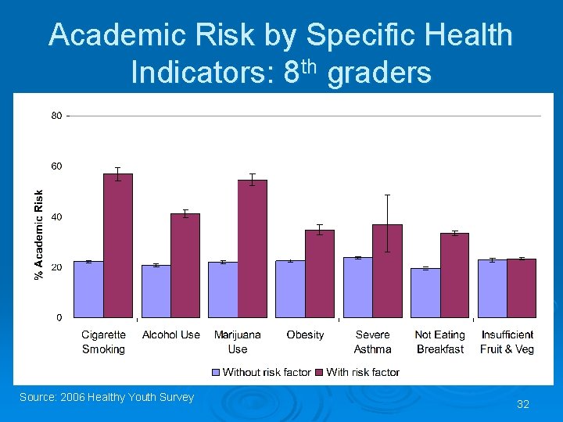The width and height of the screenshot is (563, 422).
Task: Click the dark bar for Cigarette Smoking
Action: click(x=118, y=245)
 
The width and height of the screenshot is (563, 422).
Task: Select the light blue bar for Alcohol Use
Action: click(x=156, y=291)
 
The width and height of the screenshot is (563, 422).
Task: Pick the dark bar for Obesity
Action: click(x=320, y=274)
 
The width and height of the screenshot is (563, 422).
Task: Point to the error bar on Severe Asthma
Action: click(x=387, y=223)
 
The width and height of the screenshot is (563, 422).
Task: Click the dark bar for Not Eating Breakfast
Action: click(x=454, y=275)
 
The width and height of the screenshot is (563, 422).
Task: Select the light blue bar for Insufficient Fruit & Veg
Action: click(x=492, y=288)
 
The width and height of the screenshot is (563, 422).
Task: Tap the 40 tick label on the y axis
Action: click(x=57, y=217)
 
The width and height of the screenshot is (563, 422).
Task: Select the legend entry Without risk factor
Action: click(x=260, y=372)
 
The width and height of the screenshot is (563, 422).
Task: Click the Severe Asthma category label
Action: click(x=372, y=342)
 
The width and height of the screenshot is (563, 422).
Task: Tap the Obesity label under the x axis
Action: click(x=305, y=334)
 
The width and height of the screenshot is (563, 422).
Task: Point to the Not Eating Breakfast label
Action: click(x=439, y=342)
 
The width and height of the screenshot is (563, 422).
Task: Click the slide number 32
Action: click(x=523, y=404)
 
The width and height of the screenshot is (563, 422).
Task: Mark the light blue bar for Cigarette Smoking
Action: click(x=88, y=289)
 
